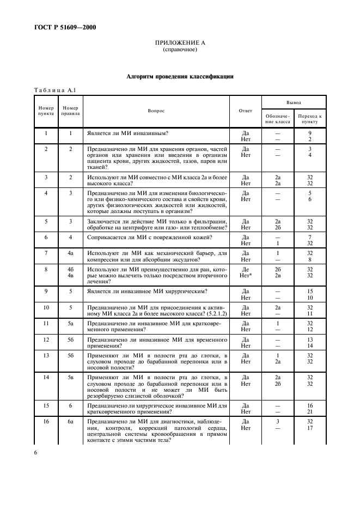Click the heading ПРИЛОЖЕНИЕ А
click(180, 42)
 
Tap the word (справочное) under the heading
click(180, 50)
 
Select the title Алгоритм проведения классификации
click(180, 77)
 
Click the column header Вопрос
click(156, 111)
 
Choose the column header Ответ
click(246, 111)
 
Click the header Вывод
click(294, 102)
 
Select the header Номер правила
click(70, 111)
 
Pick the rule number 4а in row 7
click(70, 253)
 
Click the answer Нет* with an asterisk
click(246, 275)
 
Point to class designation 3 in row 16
click(277, 421)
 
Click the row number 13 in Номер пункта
click(46, 355)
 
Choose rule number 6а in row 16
click(70, 421)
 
